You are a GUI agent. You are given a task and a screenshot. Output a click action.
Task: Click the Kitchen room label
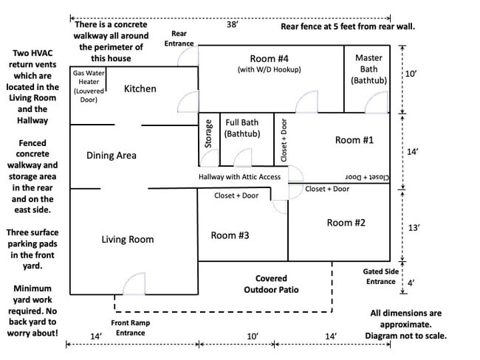[140, 89]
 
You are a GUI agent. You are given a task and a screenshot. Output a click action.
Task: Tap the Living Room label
[128, 239]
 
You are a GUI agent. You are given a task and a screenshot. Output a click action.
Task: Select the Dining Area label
[111, 156]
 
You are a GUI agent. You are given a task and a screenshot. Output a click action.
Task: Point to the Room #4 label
[269, 58]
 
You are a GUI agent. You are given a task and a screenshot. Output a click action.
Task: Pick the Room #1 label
[354, 140]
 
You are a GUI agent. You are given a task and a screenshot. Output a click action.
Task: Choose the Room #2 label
[346, 223]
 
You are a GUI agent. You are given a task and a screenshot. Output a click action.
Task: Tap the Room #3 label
[230, 235]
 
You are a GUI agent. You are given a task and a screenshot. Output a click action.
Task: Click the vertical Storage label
[208, 134]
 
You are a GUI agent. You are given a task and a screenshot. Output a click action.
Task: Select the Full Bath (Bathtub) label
[242, 128]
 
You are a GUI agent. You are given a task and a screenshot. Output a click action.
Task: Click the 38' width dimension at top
[233, 24]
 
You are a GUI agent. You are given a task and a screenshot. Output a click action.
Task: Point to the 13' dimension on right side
[414, 228]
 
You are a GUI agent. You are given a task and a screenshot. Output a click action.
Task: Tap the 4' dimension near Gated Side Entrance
[411, 283]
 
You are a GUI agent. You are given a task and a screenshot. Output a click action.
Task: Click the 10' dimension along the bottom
[253, 336]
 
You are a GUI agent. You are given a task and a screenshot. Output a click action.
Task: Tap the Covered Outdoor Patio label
[271, 284]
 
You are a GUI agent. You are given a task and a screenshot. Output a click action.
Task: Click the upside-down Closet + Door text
[367, 177]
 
